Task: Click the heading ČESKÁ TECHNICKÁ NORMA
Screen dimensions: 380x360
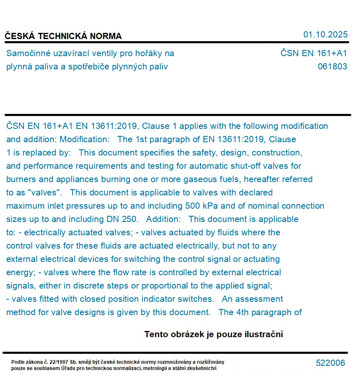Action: tap(63, 36)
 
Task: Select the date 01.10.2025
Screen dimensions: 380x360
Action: tap(325, 35)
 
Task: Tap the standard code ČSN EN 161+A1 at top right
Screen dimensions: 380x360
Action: tap(313, 53)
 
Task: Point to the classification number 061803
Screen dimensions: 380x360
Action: tap(332, 67)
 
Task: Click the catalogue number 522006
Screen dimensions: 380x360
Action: tap(330, 363)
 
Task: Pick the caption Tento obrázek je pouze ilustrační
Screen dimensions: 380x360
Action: tap(214, 334)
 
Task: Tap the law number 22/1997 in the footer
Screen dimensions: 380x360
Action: tap(57, 362)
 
